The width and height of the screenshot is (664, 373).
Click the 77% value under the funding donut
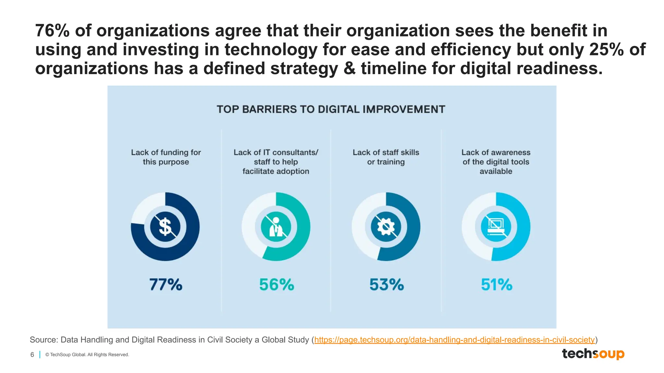click(166, 285)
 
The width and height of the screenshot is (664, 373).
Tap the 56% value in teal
click(277, 285)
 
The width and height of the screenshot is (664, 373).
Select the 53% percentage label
click(386, 285)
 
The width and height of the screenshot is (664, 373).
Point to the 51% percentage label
click(496, 285)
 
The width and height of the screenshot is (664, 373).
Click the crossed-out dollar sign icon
click(165, 227)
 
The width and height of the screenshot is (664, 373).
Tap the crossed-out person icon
click(276, 227)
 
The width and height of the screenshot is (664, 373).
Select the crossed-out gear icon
click(386, 227)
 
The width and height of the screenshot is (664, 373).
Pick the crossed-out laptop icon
click(496, 227)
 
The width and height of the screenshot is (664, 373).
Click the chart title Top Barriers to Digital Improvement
click(331, 109)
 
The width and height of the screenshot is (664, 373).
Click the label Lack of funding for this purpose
click(166, 157)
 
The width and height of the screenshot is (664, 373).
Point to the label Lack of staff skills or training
click(386, 157)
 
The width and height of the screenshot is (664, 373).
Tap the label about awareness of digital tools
click(496, 162)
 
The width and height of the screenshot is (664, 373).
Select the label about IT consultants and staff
click(276, 162)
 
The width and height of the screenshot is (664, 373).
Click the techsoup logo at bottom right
click(593, 354)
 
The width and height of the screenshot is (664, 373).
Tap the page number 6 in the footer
click(32, 355)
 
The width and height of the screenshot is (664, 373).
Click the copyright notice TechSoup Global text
click(87, 355)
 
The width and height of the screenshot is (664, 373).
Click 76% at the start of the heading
click(52, 31)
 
